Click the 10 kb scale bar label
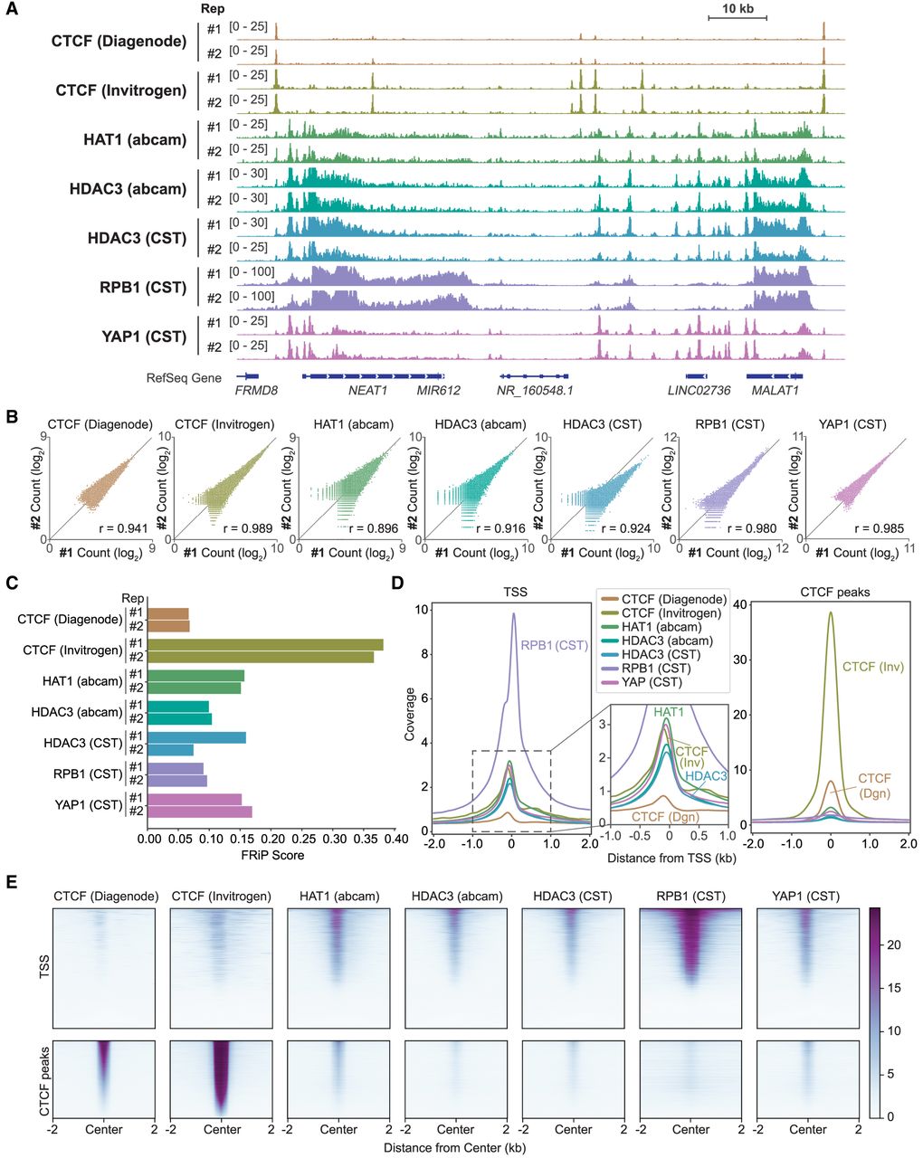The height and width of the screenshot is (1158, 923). click(737, 9)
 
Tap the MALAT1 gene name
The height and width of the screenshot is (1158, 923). click(775, 390)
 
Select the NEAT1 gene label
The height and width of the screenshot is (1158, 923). click(367, 390)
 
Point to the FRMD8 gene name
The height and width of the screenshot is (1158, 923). click(256, 390)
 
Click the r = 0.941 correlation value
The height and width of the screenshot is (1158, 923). click(123, 528)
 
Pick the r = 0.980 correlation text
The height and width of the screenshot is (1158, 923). click(752, 528)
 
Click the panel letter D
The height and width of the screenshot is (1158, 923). click(398, 584)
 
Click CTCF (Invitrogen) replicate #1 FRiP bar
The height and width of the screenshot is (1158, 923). click(265, 644)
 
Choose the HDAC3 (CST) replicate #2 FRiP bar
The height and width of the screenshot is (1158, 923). click(171, 750)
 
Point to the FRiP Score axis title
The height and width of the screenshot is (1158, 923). click(273, 855)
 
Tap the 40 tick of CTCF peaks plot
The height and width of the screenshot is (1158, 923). click(741, 605)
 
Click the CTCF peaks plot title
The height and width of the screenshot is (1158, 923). click(834, 592)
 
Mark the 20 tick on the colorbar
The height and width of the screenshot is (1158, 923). click(893, 944)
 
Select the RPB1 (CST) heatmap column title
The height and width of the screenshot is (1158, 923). click(690, 896)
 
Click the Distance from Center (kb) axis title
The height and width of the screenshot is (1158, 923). click(455, 1147)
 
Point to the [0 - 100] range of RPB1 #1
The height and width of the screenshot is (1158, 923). click(252, 271)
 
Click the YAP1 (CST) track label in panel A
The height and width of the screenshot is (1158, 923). click(144, 337)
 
